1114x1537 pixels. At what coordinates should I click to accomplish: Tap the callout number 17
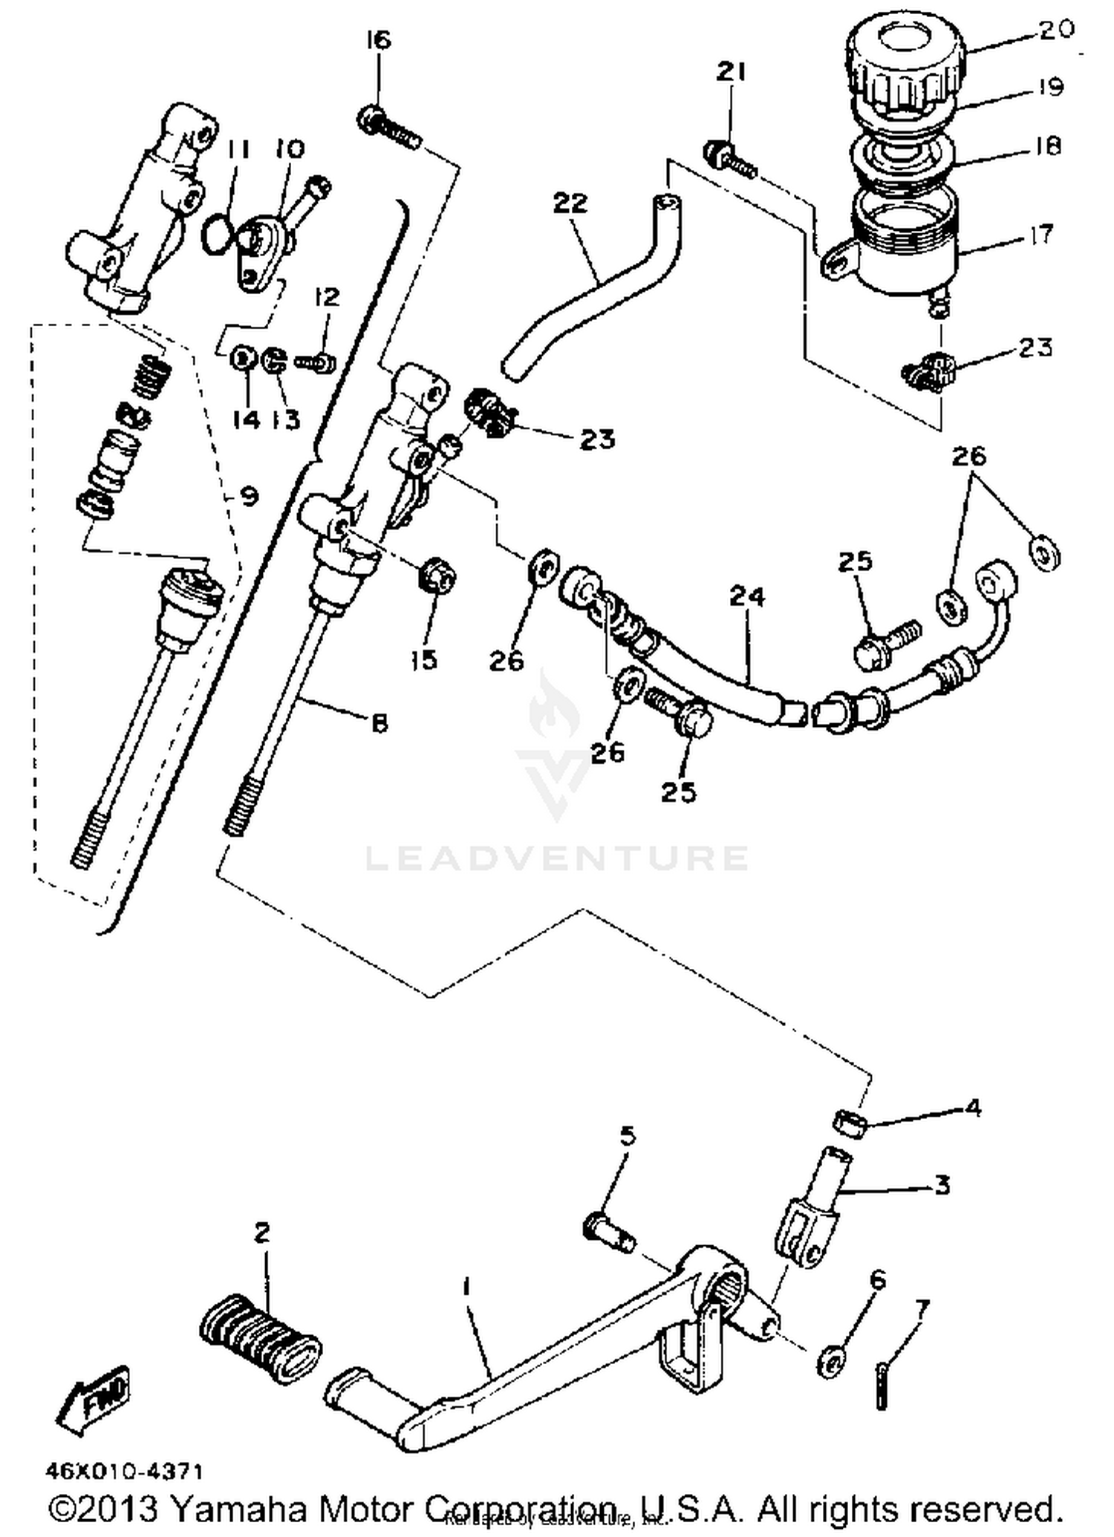[1042, 235]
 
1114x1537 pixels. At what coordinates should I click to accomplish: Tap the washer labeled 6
[830, 1361]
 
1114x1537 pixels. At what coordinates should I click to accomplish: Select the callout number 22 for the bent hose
[570, 203]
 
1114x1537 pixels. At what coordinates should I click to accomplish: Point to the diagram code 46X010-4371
[123, 1472]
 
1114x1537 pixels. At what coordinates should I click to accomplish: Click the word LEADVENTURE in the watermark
[557, 858]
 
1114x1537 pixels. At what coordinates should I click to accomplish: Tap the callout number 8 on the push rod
[380, 722]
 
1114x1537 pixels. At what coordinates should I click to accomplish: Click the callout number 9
[250, 495]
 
